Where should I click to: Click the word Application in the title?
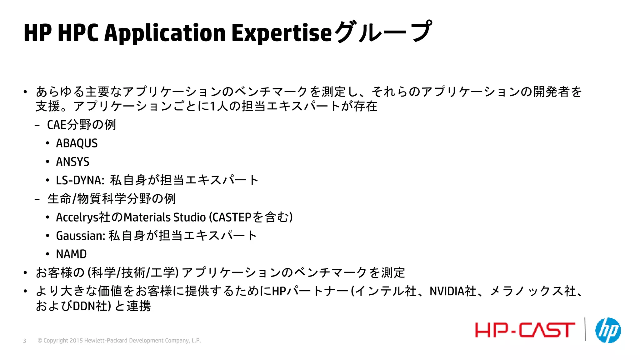click(x=165, y=33)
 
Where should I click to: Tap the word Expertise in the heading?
click(x=281, y=33)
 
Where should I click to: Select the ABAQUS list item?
click(x=77, y=143)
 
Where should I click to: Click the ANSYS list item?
click(x=72, y=162)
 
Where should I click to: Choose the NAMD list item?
click(x=71, y=254)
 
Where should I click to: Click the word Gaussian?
click(x=80, y=236)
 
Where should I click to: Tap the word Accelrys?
click(x=77, y=217)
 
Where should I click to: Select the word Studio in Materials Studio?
click(x=189, y=217)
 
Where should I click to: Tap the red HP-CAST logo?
click(x=525, y=330)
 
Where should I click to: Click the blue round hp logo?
click(x=608, y=330)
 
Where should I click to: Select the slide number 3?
click(x=24, y=341)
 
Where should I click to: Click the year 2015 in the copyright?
click(x=76, y=341)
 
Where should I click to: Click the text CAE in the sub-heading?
click(x=57, y=125)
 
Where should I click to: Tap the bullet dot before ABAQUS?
click(x=47, y=143)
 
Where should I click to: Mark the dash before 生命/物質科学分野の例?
click(x=37, y=199)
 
